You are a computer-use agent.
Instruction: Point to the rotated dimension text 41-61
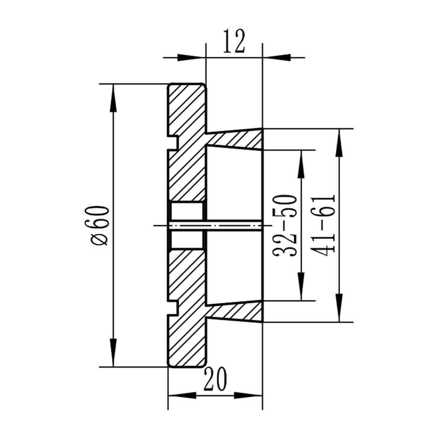click(323, 225)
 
